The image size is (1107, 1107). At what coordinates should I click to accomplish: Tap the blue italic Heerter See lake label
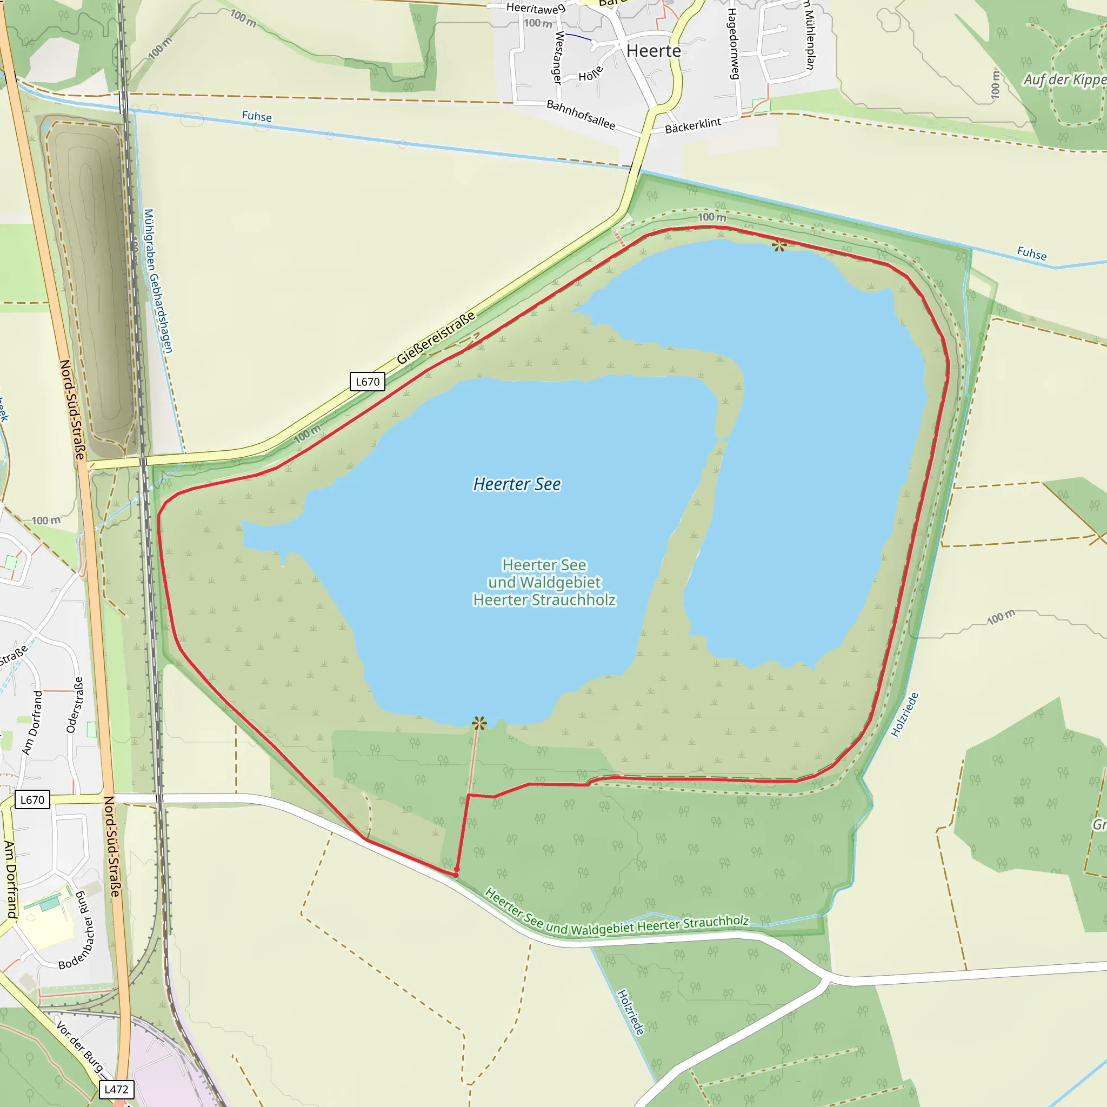tap(517, 484)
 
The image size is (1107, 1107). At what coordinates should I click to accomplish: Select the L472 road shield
tap(116, 1089)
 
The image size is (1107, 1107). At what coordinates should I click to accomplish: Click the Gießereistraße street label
tap(436, 338)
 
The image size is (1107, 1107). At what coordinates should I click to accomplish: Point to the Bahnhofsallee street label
tap(581, 115)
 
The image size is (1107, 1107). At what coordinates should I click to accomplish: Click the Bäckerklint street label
tap(693, 125)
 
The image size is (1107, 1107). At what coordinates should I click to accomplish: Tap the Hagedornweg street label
tap(733, 44)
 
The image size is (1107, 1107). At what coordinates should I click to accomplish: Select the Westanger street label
tap(558, 57)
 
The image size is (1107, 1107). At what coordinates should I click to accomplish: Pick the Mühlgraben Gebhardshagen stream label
tap(158, 281)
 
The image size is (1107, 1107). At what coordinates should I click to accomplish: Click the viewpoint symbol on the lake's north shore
tap(779, 246)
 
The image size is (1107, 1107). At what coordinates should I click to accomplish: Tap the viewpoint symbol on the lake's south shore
tap(479, 723)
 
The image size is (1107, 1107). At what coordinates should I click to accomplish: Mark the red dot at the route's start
tap(456, 875)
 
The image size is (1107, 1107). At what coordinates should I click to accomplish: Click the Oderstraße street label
tap(75, 705)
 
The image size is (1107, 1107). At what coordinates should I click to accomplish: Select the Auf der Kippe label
tap(1064, 79)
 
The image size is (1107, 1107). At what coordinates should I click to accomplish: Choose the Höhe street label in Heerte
tap(590, 74)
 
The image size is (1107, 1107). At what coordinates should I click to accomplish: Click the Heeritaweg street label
tap(536, 8)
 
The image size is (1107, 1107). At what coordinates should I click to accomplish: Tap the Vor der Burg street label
tap(80, 1046)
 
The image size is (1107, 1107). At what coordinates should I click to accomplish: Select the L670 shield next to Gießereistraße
tap(367, 382)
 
